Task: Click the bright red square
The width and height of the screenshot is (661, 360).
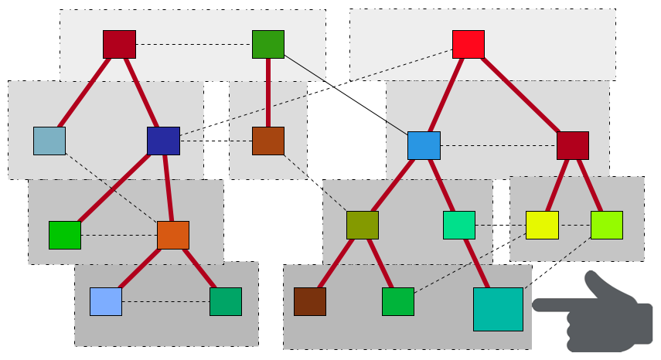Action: click(x=468, y=44)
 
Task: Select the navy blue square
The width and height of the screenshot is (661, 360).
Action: click(x=163, y=141)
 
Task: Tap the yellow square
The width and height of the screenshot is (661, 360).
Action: click(x=542, y=225)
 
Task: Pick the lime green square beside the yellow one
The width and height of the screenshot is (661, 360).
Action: click(x=606, y=225)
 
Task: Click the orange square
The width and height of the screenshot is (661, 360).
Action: click(x=172, y=235)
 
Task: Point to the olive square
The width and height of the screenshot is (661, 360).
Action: click(x=362, y=225)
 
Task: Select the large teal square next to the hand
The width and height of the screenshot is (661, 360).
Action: click(x=498, y=309)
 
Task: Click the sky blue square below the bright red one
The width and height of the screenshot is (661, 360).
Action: click(x=424, y=145)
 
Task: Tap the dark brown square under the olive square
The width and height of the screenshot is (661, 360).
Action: click(x=309, y=301)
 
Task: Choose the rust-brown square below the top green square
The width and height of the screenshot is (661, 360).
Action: click(x=267, y=141)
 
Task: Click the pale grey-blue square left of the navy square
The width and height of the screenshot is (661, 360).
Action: click(x=49, y=141)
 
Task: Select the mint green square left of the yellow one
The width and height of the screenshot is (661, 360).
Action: click(x=458, y=225)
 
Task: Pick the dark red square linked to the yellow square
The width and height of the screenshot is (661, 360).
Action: click(x=572, y=145)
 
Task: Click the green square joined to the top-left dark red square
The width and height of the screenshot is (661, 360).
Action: click(x=267, y=44)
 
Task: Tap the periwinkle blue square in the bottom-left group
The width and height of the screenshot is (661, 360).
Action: click(x=106, y=301)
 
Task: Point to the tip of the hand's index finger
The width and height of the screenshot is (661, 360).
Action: click(x=536, y=305)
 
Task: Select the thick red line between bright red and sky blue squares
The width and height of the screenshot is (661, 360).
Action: click(x=446, y=94)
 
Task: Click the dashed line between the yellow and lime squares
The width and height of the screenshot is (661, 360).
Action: click(x=574, y=225)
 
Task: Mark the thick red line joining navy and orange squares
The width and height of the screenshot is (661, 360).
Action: click(x=168, y=188)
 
